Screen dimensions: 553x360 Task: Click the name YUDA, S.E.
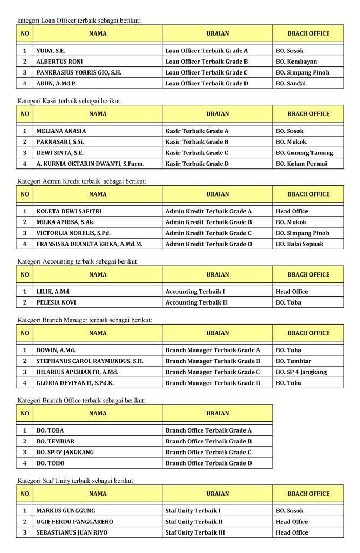click(51, 51)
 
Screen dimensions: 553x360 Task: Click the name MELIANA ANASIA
click(61, 131)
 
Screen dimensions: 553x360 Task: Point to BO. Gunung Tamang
click(304, 153)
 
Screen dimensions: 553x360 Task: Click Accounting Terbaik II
click(196, 302)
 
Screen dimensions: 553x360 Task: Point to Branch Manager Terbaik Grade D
click(213, 383)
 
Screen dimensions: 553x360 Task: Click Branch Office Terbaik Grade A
click(208, 430)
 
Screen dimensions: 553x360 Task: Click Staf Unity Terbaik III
click(195, 532)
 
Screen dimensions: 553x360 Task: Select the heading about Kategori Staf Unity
click(76, 480)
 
